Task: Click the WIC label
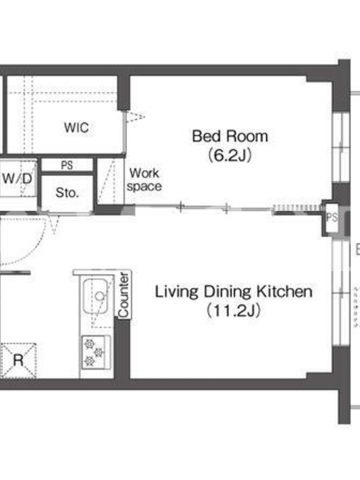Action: (77, 127)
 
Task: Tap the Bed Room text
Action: (230, 136)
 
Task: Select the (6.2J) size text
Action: (230, 155)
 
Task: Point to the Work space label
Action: (144, 179)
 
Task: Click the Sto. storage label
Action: (67, 193)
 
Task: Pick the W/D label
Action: (17, 178)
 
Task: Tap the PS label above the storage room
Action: (67, 166)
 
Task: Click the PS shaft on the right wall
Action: (332, 217)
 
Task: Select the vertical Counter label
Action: (124, 295)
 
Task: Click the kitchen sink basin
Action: (95, 296)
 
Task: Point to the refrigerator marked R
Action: (19, 361)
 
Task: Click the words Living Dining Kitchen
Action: (233, 291)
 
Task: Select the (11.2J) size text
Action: (233, 310)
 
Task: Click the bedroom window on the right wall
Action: (341, 148)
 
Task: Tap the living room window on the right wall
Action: (341, 292)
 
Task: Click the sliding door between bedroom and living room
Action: (204, 209)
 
